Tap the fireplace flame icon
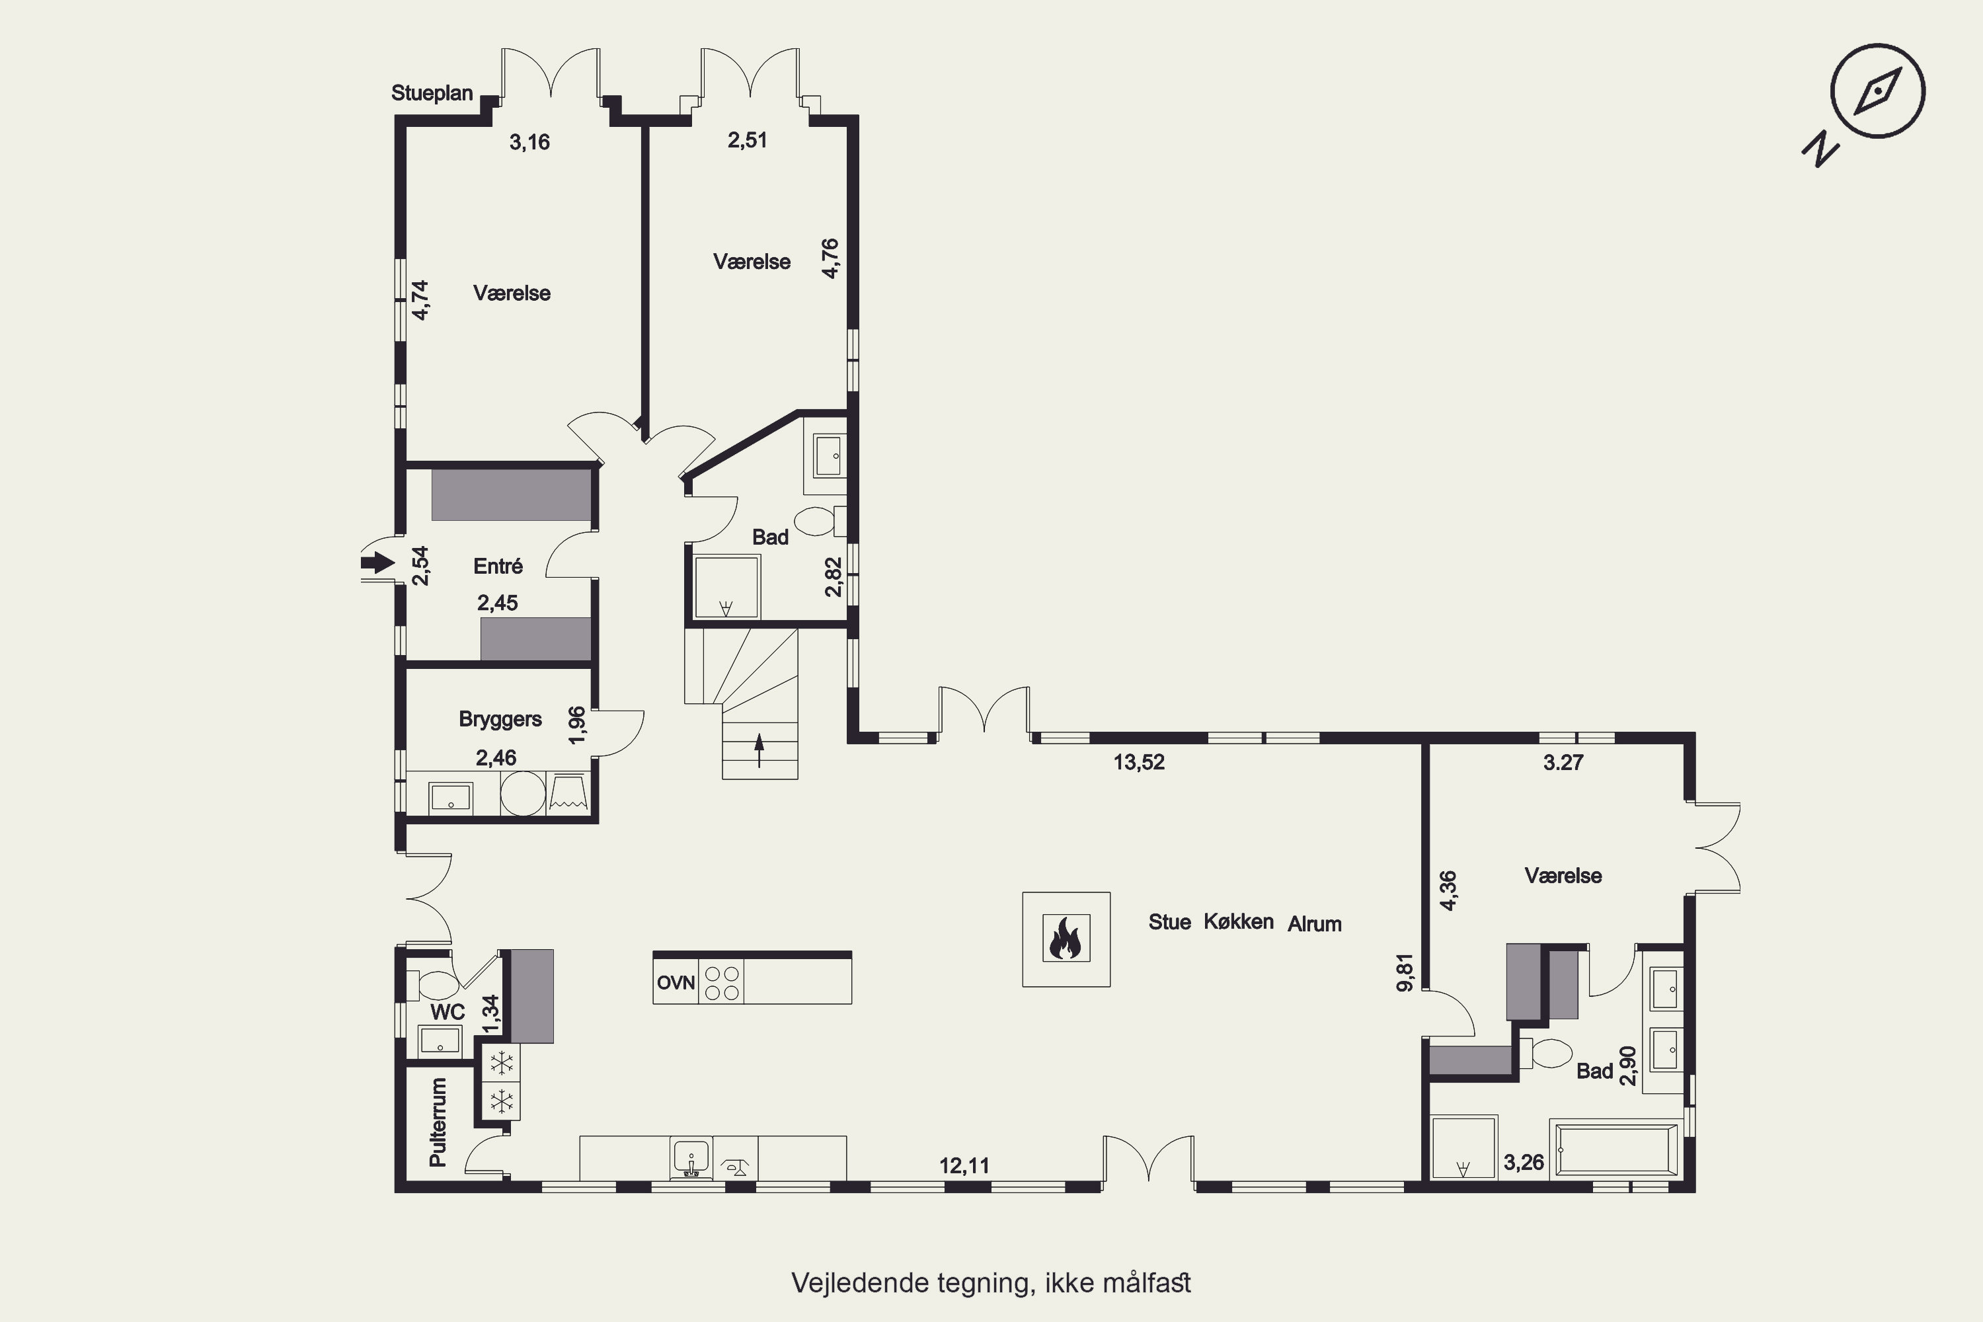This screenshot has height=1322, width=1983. pos(1066,939)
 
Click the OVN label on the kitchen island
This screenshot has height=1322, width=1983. pos(676,982)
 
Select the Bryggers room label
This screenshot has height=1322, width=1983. pos(500,719)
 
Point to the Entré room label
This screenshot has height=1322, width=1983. pos(498,566)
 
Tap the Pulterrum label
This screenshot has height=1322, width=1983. pos(438,1122)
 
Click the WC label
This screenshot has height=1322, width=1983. pos(447,1012)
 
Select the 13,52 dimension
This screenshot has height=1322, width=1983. pos(1139,762)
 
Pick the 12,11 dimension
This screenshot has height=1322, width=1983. pos(964,1166)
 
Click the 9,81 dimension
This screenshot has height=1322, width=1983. pos(1405,972)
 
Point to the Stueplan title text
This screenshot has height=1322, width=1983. pos(432,93)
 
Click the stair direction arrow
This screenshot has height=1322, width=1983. pos(759,750)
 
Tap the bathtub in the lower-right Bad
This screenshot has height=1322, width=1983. pos(1617,1148)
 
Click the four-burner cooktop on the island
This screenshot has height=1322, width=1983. pos(722,982)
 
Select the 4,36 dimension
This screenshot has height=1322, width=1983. pos(1448,890)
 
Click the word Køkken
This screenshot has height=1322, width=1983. pos(1239,921)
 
